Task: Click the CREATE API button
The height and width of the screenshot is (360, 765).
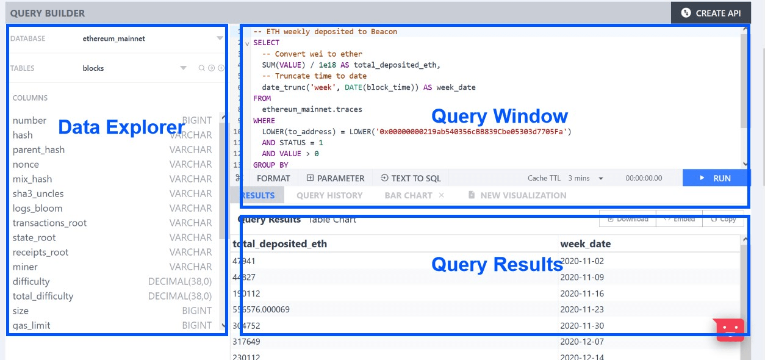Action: click(x=711, y=13)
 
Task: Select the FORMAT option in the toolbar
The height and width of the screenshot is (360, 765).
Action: click(x=273, y=178)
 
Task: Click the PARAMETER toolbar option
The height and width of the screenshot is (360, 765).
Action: click(x=336, y=178)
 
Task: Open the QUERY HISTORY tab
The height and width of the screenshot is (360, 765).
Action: click(x=329, y=195)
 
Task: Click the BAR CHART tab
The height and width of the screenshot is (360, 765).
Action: click(x=408, y=195)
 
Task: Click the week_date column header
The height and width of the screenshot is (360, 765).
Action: click(x=585, y=244)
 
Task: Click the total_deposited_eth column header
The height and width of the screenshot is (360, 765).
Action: click(x=279, y=244)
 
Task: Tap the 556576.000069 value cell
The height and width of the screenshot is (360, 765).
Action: click(x=261, y=309)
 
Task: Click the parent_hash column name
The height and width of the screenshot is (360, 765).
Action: click(x=38, y=149)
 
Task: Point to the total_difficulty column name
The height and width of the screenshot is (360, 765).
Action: click(x=43, y=296)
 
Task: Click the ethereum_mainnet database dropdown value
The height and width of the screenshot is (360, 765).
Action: click(x=114, y=38)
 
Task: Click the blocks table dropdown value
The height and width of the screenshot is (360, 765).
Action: click(x=93, y=68)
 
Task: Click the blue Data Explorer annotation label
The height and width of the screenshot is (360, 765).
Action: click(x=121, y=127)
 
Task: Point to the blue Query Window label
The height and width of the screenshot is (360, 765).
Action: click(x=500, y=116)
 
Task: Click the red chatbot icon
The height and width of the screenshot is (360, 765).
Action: click(x=730, y=329)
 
